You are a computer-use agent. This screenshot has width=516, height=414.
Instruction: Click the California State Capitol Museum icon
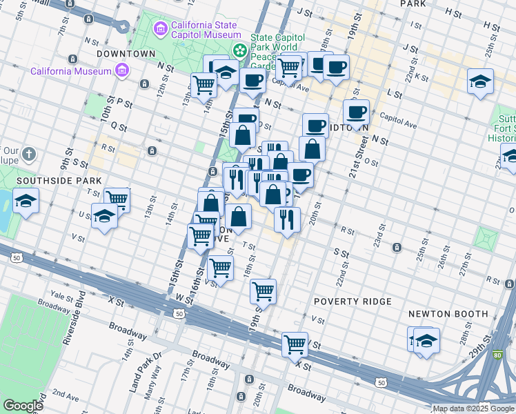coord(161,29)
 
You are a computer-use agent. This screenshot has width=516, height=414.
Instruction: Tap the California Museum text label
coord(70,71)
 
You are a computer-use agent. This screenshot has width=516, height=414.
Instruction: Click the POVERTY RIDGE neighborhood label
coord(353,302)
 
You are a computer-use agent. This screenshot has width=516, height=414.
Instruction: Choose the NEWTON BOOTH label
coord(448,313)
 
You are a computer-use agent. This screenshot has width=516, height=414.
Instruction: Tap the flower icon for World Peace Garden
coord(239,50)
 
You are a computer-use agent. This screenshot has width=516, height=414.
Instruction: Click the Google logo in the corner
coord(23,406)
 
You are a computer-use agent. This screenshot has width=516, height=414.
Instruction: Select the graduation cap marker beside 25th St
coord(480,81)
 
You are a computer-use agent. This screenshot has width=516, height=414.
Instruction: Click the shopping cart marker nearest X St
coord(295,343)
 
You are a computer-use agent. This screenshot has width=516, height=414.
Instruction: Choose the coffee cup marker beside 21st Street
coord(356,111)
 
